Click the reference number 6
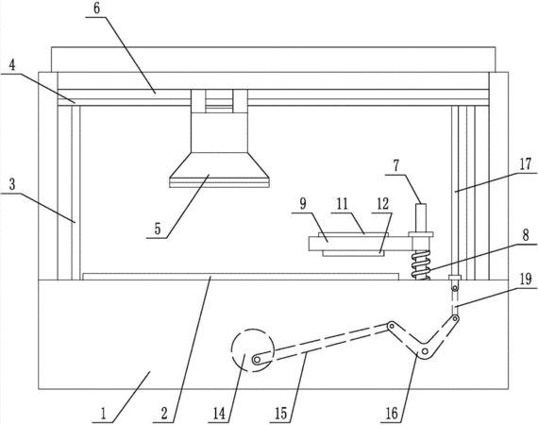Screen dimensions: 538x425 click(97, 9)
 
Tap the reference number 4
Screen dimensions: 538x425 click(12, 65)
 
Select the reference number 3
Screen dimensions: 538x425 click(12, 184)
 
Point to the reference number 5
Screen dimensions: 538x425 click(158, 229)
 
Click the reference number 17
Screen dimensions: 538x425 click(525, 164)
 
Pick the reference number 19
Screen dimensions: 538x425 click(525, 279)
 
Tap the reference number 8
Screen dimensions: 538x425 click(526, 235)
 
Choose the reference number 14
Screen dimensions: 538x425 click(220, 414)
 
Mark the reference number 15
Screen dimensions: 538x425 click(280, 414)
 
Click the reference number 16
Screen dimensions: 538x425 click(392, 414)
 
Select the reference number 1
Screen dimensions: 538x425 click(103, 414)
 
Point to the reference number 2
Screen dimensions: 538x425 click(164, 414)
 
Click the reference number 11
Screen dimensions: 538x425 click(342, 204)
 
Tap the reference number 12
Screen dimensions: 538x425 click(383, 204)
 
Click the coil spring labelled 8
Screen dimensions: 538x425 click(421, 264)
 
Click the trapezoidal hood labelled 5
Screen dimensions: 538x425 click(219, 170)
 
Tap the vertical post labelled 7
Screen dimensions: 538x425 click(421, 217)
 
